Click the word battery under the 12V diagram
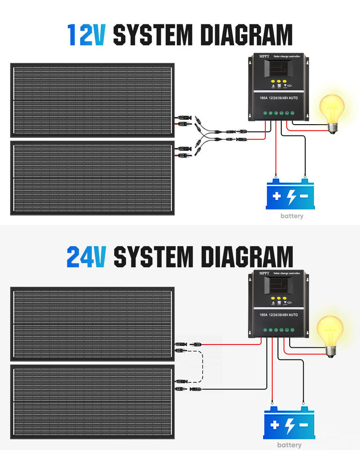tap(292, 216)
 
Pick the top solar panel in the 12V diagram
tap(93, 100)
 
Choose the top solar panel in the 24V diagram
tap(93, 324)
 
